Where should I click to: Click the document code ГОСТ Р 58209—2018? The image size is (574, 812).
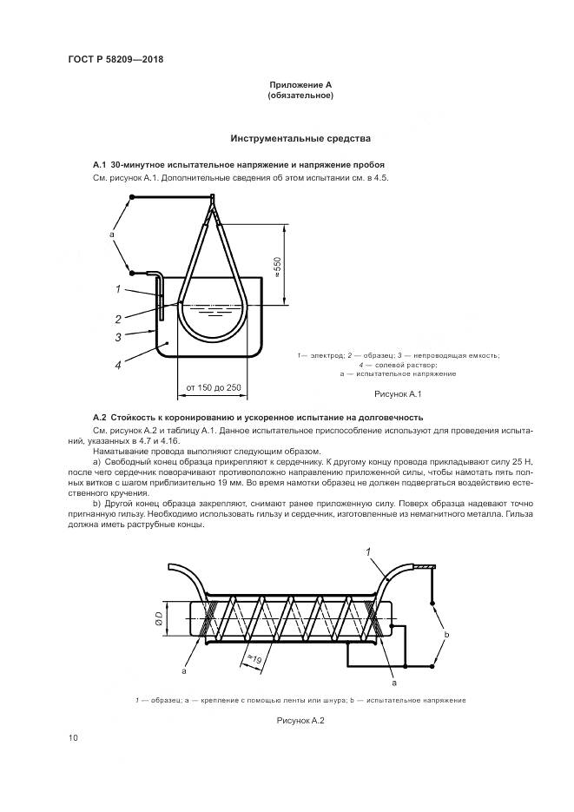pos(115,59)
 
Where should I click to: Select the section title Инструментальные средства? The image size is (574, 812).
pos(300,138)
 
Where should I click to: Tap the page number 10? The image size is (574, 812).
pos(73,738)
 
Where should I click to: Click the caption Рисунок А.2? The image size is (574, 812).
pos(300,720)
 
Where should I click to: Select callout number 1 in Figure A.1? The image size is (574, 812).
pos(115,289)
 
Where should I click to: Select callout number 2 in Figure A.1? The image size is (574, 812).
pos(117,318)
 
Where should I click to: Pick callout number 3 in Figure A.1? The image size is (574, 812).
pos(117,338)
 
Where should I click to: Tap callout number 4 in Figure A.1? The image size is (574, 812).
pos(117,366)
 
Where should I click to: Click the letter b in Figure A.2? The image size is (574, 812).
pos(446,635)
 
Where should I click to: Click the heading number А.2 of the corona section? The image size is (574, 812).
pos(99,417)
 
